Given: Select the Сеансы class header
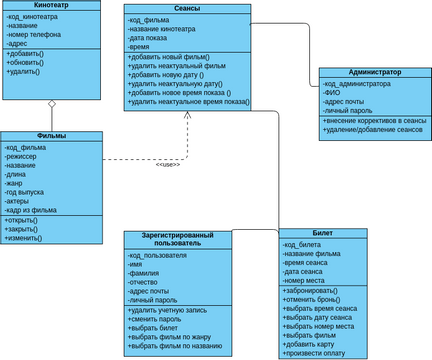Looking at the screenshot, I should pyautogui.click(x=186, y=9).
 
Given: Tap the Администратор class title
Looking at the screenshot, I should pyautogui.click(x=375, y=73).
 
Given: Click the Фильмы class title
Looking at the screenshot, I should pyautogui.click(x=50, y=135).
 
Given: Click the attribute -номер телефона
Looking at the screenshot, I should pyautogui.click(x=37, y=35).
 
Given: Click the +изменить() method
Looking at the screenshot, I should pyautogui.click(x=24, y=238).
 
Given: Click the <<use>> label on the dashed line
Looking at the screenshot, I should pyautogui.click(x=167, y=164).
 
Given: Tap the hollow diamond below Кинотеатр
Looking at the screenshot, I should pyautogui.click(x=52, y=103).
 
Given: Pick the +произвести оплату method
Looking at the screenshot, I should pyautogui.click(x=320, y=351).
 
